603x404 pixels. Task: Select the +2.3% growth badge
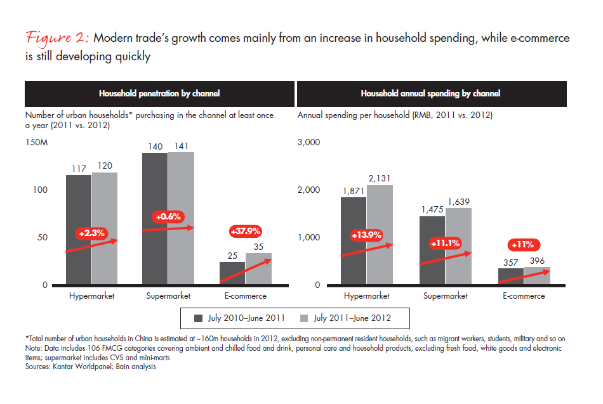coord(90,233)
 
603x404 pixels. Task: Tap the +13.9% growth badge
coord(366,235)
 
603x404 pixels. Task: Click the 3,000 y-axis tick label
coord(308,142)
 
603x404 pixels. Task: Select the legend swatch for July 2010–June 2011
coord(197,318)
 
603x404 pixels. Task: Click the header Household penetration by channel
coord(159,93)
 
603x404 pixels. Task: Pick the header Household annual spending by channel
coord(430,93)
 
